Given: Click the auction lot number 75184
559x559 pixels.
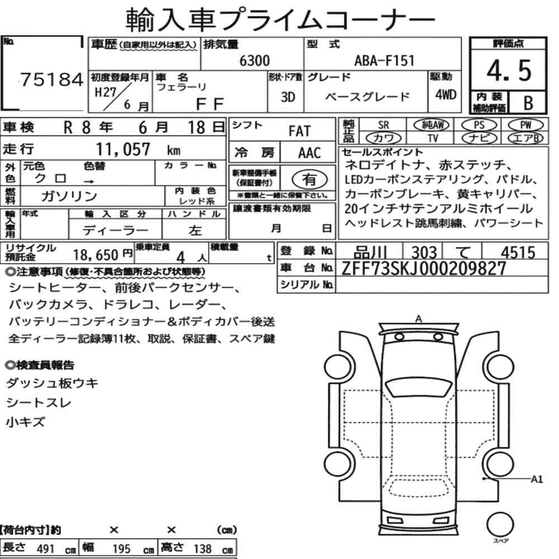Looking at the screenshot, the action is click(x=51, y=79).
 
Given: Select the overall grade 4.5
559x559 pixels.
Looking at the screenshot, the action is click(x=509, y=70).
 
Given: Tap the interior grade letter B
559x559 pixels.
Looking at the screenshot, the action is click(x=528, y=103).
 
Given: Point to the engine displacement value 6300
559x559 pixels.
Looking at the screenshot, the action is click(x=254, y=60).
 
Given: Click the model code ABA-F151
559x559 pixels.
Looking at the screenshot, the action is click(x=385, y=60).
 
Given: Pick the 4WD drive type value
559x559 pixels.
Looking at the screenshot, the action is click(x=446, y=94).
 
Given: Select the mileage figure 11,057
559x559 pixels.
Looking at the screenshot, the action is click(x=123, y=149).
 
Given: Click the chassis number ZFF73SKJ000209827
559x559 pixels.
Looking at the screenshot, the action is click(x=424, y=268).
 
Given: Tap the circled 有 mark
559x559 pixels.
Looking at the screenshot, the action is click(x=309, y=179).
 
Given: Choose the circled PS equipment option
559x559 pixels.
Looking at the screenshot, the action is click(x=479, y=125).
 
